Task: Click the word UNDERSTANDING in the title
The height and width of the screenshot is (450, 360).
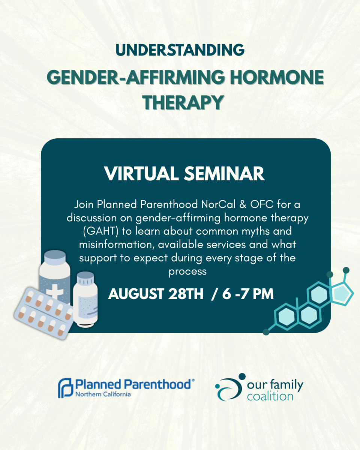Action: (180, 50)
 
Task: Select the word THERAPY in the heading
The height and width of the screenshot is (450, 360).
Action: (183, 102)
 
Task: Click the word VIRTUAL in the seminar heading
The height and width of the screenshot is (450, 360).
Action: (141, 173)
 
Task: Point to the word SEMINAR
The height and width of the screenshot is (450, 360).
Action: (224, 173)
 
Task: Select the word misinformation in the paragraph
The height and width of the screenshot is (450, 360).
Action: (117, 244)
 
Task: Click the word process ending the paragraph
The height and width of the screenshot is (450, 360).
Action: (187, 272)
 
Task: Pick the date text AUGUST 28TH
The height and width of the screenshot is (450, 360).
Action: (156, 294)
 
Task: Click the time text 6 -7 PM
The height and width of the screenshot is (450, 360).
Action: (247, 294)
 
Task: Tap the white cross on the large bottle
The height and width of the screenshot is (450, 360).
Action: (55, 291)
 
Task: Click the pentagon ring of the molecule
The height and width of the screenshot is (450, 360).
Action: (341, 294)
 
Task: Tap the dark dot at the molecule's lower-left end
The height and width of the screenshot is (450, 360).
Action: (266, 332)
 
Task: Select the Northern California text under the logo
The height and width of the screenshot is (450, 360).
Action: (103, 394)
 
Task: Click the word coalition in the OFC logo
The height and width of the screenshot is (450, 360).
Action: (270, 396)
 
